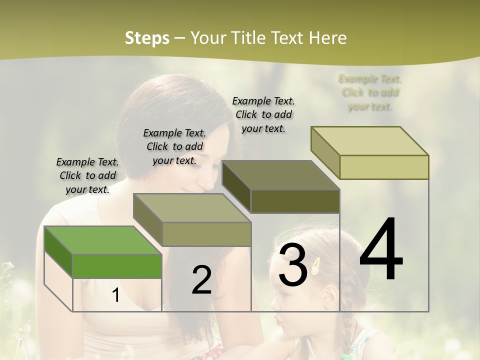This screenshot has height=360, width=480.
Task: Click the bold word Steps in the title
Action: pyautogui.click(x=147, y=38)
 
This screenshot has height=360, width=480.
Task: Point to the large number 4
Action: pyautogui.click(x=381, y=250)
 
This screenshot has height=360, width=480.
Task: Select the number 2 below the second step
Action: pyautogui.click(x=201, y=280)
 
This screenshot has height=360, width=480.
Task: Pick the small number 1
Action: pyautogui.click(x=115, y=295)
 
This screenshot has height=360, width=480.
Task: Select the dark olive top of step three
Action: pyautogui.click(x=280, y=175)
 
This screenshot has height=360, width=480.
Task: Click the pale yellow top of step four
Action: pyautogui.click(x=369, y=141)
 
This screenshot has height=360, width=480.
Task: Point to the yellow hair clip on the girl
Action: pyautogui.click(x=316, y=266)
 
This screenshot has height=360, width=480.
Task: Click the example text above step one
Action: pyautogui.click(x=87, y=175)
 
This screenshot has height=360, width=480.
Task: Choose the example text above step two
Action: pyautogui.click(x=174, y=146)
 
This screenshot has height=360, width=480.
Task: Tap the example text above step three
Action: pyautogui.click(x=263, y=114)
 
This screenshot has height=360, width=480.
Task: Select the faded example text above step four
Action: pyautogui.click(x=370, y=92)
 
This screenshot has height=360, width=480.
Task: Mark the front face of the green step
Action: pyautogui.click(x=117, y=266)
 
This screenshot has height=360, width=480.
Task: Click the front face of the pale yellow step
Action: pyautogui.click(x=384, y=167)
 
